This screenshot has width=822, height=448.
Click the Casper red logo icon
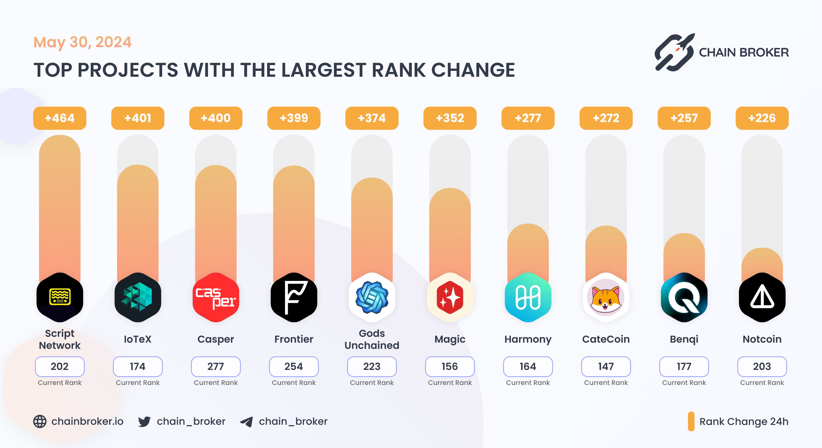pos(216,297)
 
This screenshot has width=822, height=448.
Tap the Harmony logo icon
pos(528,297)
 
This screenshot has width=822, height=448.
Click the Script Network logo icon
pos(60,297)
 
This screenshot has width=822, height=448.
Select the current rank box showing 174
pos(137,366)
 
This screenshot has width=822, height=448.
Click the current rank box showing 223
pos(372,366)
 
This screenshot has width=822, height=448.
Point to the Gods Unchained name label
pos(372,339)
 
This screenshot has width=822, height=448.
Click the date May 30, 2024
pos(82,42)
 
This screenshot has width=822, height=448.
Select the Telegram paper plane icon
pos(247,422)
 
